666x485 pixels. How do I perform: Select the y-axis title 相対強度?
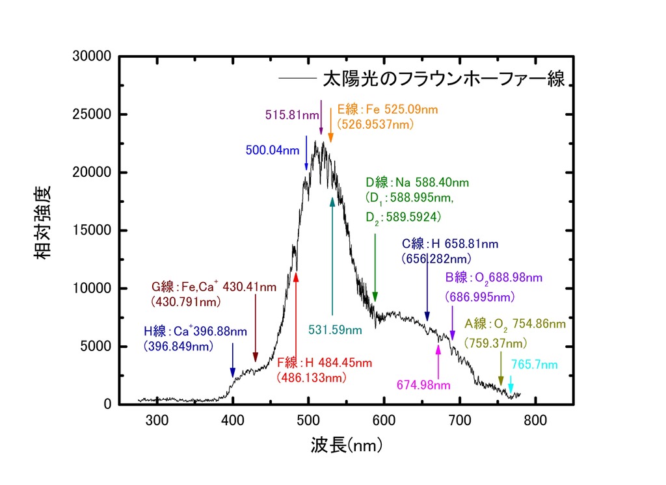point(44,222)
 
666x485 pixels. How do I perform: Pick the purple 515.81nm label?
point(292,115)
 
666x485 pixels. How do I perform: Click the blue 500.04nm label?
point(273,150)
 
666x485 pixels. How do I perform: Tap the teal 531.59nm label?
point(335,330)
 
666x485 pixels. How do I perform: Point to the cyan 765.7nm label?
point(534,364)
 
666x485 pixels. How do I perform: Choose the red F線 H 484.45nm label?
point(315,363)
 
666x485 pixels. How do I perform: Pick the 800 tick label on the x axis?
point(535,419)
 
